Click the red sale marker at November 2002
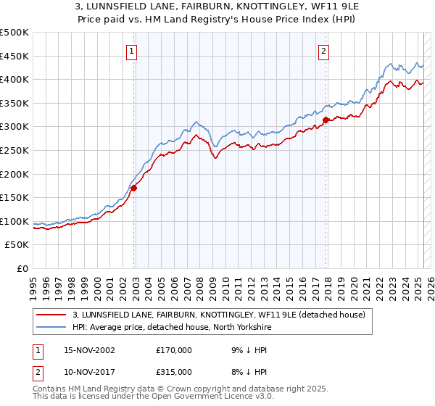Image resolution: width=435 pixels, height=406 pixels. [x=134, y=188]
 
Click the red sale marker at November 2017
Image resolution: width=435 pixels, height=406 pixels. [x=326, y=120]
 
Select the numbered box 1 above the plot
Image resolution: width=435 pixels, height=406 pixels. [x=131, y=51]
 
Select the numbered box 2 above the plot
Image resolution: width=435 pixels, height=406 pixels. [x=323, y=51]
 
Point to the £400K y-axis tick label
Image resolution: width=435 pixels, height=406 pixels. [x=15, y=80]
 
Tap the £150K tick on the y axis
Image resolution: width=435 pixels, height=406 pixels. [x=15, y=197]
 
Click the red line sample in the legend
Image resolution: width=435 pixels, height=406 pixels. [x=51, y=314]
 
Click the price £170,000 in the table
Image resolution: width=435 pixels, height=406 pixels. [x=174, y=349]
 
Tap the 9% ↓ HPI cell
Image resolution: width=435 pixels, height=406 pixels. [x=244, y=349]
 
